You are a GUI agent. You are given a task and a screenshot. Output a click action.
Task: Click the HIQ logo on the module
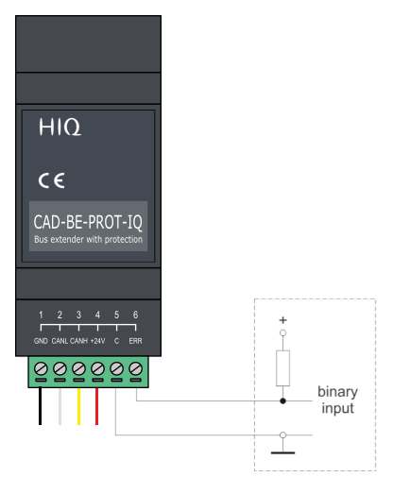coord(60,127)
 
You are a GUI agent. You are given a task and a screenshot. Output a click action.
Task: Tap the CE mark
coord(51,180)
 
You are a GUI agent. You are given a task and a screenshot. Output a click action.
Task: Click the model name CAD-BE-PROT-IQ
coord(88,222)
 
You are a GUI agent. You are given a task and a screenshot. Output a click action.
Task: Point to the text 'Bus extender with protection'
coord(88,240)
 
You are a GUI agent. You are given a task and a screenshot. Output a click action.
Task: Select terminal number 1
coord(41,315)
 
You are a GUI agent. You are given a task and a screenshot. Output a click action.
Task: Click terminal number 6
coord(135,315)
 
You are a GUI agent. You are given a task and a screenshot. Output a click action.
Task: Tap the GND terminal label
coord(41,341)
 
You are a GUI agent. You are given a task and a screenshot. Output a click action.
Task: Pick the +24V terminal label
coord(97,341)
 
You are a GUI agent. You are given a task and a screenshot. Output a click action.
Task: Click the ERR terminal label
coord(135,341)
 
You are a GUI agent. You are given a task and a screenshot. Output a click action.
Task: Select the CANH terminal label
coord(78,341)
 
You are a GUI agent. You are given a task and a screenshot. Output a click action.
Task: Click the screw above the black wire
coord(41,368)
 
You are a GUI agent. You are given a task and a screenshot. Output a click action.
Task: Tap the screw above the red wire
coord(97,368)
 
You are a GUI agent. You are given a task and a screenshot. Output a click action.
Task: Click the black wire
coord(40,406)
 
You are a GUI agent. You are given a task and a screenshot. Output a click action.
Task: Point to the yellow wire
coord(78,406)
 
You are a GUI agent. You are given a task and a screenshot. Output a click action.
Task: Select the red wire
coord(96,406)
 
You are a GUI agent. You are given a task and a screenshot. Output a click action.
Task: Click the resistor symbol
coord(282,368)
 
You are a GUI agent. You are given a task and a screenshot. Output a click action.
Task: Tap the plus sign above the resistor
coord(282,320)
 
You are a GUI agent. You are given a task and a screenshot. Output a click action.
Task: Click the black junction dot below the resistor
coord(282,400)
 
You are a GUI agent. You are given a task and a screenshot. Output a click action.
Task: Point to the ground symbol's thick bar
coord(282,452)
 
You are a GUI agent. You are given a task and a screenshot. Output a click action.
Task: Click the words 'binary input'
coord(337,400)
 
